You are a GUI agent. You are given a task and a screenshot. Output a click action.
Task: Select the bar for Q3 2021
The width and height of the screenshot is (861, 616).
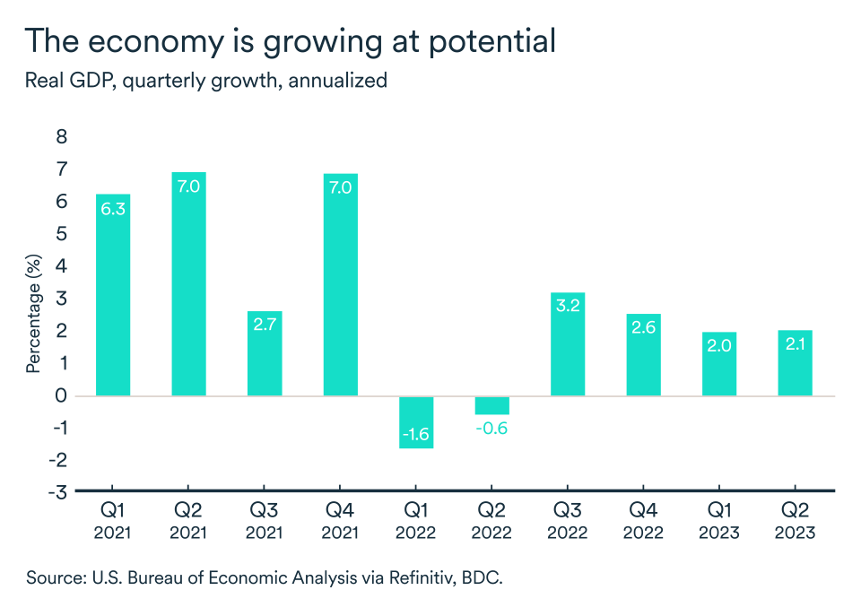[x=265, y=353]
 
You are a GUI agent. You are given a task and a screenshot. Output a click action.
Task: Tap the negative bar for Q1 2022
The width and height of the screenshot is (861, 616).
[x=415, y=421]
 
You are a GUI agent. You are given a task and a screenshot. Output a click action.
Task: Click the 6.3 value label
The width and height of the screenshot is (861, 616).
[x=113, y=210]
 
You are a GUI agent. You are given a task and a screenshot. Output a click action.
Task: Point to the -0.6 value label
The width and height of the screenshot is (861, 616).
[x=492, y=429]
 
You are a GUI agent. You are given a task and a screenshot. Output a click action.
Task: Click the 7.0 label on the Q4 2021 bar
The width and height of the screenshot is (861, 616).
[x=340, y=188]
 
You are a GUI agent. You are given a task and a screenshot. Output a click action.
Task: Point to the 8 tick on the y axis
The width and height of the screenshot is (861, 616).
[x=62, y=137]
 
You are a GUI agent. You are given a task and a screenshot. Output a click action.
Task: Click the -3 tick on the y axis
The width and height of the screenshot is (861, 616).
[x=58, y=491]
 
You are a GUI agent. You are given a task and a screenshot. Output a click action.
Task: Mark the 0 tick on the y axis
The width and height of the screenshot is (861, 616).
[x=62, y=395]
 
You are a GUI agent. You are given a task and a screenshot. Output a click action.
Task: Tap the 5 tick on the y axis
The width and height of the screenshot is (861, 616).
[x=62, y=234]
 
